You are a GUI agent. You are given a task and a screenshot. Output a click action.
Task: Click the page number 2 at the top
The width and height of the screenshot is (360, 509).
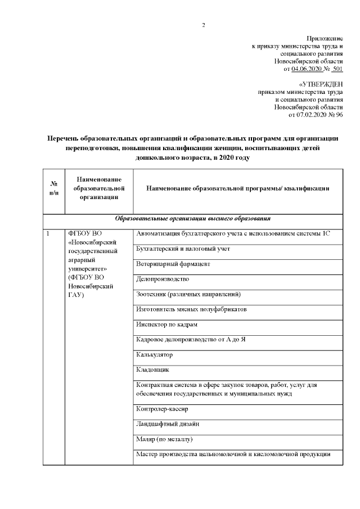204,25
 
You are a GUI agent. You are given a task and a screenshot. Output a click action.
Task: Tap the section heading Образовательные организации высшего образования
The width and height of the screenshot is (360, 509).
193,218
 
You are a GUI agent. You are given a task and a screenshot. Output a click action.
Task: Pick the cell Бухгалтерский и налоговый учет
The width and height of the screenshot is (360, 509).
183,249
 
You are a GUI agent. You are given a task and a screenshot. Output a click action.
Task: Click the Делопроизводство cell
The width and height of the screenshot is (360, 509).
163,279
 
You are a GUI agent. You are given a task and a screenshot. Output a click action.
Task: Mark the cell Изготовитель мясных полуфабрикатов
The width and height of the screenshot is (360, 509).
191,309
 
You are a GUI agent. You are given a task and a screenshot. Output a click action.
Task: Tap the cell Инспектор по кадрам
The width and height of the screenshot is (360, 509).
167,325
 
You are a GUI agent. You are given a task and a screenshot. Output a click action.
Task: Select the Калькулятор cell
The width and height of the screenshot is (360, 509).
155,355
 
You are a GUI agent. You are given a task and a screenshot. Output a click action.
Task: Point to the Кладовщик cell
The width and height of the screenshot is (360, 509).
152,370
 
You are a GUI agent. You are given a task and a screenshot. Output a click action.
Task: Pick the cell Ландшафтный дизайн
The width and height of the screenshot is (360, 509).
168,424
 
